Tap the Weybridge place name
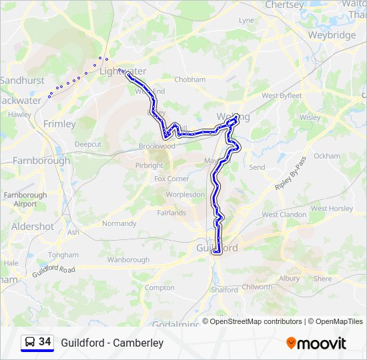pos(332,35)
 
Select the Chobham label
pos(190,79)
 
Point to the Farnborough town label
pos(41,160)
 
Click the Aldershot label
pos(32,227)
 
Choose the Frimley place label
pos(59,123)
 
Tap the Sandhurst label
pos(22,80)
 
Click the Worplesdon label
pos(185,195)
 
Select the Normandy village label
pos(119,223)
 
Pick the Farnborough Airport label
pos(25,199)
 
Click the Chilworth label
pos(257,287)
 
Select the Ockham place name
pos(327,156)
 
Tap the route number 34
pos(45,342)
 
